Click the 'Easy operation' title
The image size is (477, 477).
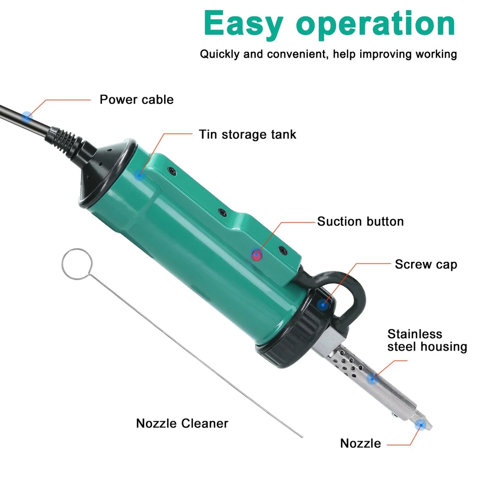tap(329, 24)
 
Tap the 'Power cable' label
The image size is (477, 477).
tap(136, 100)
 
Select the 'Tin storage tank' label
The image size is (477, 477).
tap(247, 135)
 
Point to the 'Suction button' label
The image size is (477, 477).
tap(361, 221)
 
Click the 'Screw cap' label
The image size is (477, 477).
tap(426, 264)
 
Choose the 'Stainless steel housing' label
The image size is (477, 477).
tap(427, 341)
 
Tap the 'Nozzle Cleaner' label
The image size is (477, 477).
tap(182, 423)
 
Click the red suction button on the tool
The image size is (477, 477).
tap(257, 255)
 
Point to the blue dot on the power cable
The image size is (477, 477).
tap(27, 116)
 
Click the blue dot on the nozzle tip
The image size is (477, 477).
tap(421, 425)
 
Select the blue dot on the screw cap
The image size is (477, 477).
tap(323, 304)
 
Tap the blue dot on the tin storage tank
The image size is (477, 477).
tap(139, 175)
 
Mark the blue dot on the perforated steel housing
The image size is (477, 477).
tap(372, 379)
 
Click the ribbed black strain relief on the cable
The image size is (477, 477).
tap(63, 142)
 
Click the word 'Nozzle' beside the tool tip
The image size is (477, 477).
tap(361, 443)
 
